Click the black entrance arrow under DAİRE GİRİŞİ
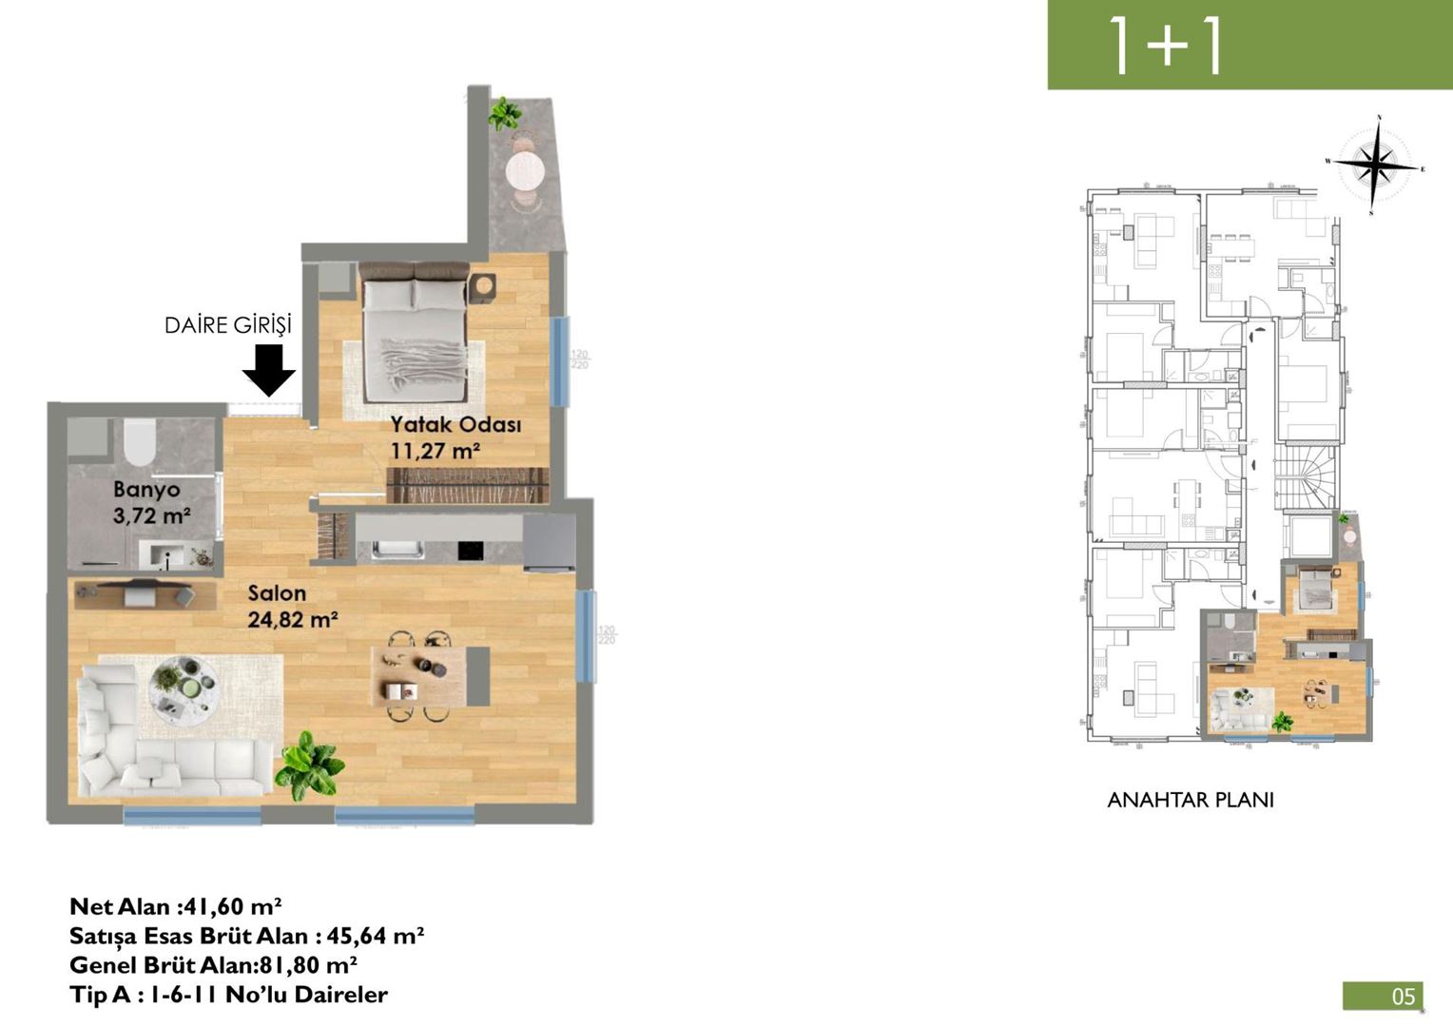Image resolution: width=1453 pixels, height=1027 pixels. click(269, 370)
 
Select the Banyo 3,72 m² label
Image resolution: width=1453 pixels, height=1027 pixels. click(149, 503)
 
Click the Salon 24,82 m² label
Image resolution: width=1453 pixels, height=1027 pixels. click(292, 607)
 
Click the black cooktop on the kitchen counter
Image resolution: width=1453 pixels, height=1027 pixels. click(471, 551)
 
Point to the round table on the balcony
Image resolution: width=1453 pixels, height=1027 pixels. click(525, 173)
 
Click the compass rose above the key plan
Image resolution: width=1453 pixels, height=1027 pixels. click(1375, 165)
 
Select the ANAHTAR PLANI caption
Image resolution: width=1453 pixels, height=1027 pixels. click(1190, 801)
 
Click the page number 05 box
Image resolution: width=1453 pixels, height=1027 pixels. click(1383, 996)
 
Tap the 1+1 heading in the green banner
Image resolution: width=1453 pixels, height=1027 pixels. click(1166, 45)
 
